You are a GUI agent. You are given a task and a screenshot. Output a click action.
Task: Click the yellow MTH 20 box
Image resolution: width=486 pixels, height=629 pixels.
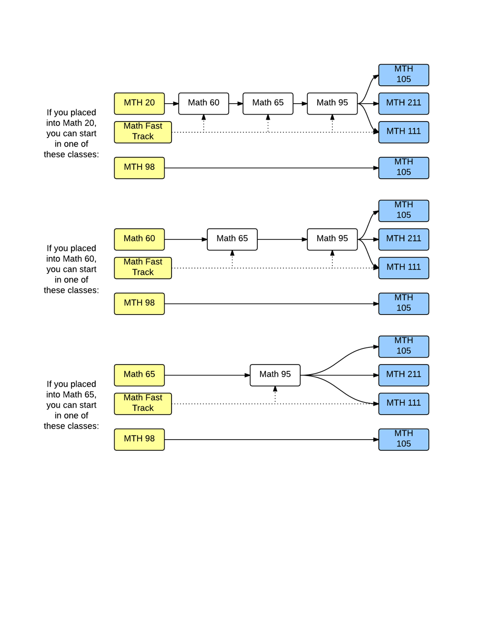click(139, 103)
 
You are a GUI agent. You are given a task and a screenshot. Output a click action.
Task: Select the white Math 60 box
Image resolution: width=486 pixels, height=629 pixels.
click(204, 103)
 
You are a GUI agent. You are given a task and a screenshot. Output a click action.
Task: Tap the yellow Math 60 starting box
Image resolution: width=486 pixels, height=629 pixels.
click(139, 239)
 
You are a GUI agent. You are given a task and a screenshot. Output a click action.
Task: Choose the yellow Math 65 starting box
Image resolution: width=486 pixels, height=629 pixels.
click(139, 375)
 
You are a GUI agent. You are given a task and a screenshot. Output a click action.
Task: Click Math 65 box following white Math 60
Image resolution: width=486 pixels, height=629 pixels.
click(268, 103)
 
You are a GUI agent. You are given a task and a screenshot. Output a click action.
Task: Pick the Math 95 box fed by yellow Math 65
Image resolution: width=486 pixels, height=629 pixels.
click(275, 375)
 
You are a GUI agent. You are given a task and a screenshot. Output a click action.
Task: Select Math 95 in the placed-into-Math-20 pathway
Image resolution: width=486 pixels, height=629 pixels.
click(332, 103)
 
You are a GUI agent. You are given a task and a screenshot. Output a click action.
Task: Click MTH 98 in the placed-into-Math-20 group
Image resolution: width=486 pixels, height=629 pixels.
click(139, 167)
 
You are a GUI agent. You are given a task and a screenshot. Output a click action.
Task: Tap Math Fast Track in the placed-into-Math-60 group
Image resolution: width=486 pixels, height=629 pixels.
click(143, 267)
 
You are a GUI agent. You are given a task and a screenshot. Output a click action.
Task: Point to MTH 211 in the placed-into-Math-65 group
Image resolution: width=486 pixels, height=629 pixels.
click(403, 375)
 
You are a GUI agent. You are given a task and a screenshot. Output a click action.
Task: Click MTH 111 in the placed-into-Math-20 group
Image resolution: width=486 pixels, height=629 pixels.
click(403, 132)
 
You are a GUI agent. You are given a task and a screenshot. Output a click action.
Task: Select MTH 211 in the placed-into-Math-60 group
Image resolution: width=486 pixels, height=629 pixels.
click(403, 239)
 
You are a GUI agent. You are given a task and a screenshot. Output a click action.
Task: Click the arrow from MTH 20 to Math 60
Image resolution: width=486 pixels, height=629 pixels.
click(171, 104)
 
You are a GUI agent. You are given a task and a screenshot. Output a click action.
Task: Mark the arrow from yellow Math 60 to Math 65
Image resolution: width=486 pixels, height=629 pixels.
click(186, 239)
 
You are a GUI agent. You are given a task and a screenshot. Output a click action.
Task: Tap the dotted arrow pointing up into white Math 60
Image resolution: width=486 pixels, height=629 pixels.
click(204, 123)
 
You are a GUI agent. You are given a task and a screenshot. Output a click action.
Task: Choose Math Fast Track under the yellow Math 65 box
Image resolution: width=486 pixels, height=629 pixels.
click(143, 403)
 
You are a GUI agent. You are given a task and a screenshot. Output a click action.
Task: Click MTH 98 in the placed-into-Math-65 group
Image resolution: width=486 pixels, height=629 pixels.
click(139, 439)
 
